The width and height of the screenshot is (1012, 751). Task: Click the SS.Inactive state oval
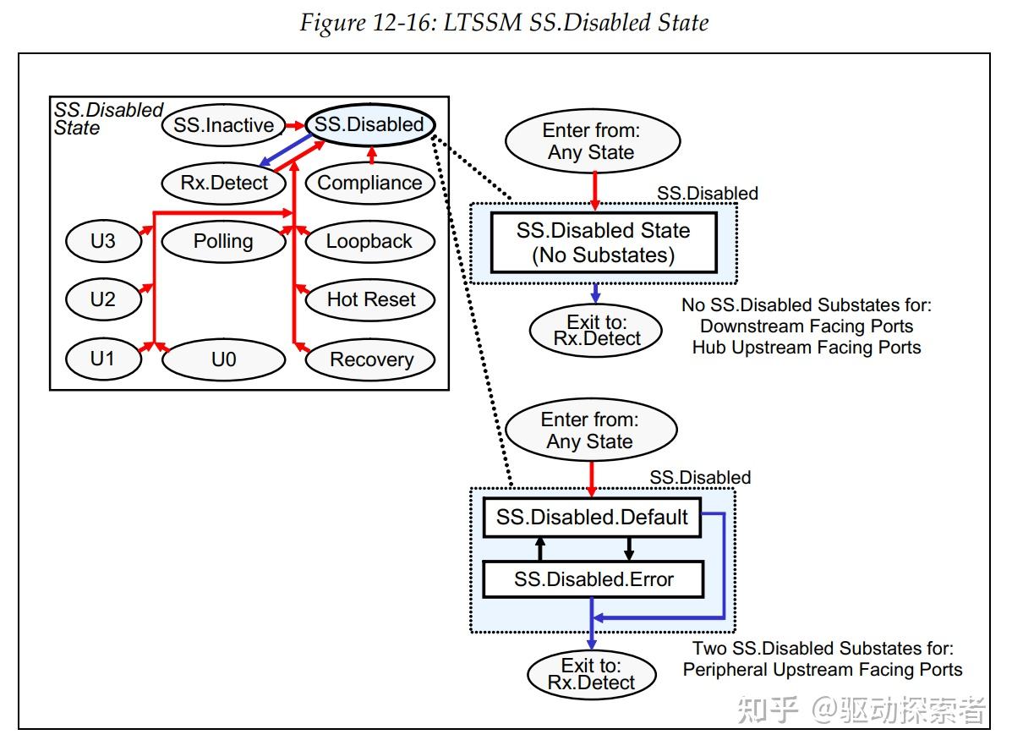point(223,125)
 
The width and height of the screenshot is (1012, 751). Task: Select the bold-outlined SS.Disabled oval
point(369,124)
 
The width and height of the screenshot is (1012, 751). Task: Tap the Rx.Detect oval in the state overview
point(224,183)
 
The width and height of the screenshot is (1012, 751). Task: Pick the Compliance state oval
point(369,183)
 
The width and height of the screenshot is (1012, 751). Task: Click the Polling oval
point(223,241)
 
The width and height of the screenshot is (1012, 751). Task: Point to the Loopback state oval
point(369,241)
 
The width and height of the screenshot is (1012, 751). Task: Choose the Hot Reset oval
point(371,299)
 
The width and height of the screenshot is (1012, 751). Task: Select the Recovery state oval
point(371,359)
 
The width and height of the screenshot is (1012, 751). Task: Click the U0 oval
point(223,359)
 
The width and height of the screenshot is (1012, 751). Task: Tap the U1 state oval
point(102,359)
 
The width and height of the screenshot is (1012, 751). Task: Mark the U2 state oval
point(102,299)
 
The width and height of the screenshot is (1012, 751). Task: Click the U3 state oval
point(102,241)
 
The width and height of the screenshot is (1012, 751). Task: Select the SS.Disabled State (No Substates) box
point(603,243)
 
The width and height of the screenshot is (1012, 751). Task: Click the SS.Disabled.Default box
point(592,517)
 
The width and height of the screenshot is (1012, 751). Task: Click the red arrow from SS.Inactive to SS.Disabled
point(294,125)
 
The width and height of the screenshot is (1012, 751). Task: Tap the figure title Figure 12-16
point(504,23)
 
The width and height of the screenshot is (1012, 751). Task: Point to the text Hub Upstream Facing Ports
point(806,347)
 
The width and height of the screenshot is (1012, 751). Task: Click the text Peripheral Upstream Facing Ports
point(822,670)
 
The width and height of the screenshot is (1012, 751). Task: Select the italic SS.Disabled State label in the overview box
point(107,119)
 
